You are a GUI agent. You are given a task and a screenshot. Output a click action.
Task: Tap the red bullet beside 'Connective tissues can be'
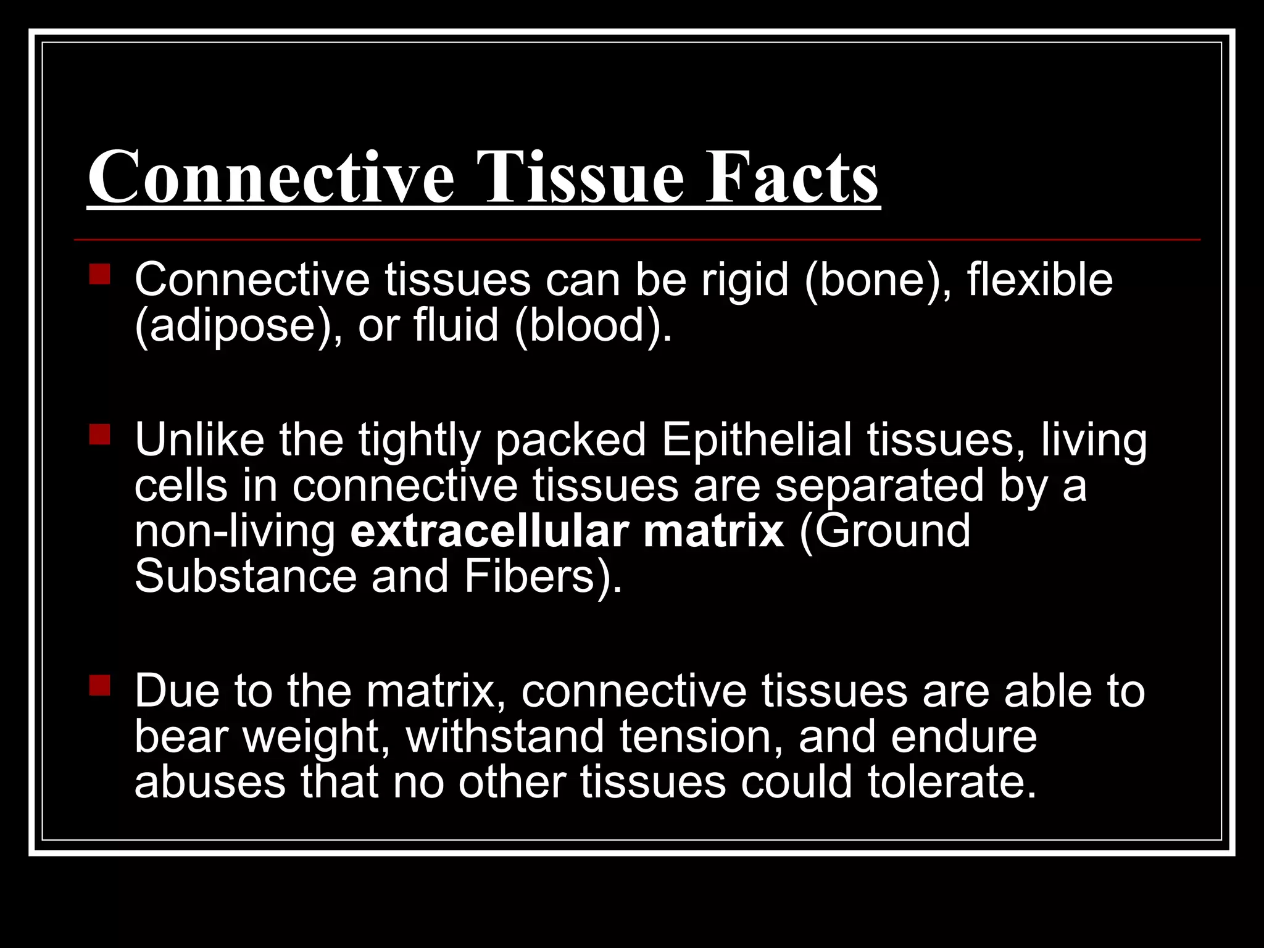[99, 274]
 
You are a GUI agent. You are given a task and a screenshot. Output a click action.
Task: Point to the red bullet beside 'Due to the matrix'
[99, 685]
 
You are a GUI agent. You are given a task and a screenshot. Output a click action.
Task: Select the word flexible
[1039, 280]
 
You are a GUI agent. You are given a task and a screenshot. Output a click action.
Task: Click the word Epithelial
[757, 440]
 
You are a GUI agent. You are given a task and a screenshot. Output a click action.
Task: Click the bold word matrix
[713, 531]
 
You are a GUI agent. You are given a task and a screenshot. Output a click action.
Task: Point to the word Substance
[246, 576]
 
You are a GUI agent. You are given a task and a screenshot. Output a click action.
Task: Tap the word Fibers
[536, 576]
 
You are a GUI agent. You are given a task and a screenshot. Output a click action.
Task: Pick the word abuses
[210, 782]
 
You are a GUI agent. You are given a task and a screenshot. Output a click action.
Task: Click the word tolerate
[951, 782]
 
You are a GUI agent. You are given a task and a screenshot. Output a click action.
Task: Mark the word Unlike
[199, 440]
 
